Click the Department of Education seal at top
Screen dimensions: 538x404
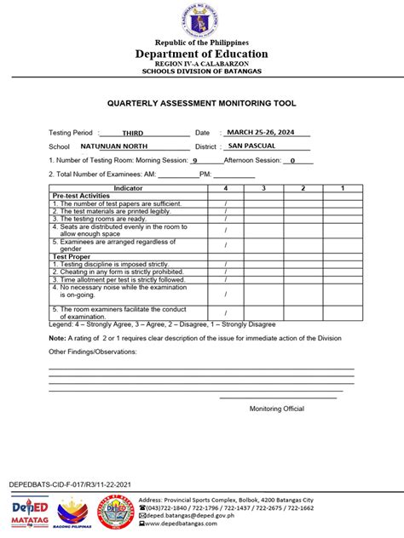click(x=202, y=20)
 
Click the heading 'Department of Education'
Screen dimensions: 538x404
click(x=202, y=54)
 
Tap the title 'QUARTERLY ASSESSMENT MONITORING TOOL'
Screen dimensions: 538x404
click(x=201, y=103)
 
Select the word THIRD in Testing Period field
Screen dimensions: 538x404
click(x=133, y=134)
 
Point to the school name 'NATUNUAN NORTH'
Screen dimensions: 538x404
click(x=120, y=146)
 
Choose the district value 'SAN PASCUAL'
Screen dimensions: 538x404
click(x=251, y=146)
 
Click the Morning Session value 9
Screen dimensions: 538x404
click(x=195, y=160)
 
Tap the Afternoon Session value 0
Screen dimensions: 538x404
click(x=291, y=160)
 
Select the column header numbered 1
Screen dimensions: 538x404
click(x=342, y=187)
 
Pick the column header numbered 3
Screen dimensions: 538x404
click(x=264, y=187)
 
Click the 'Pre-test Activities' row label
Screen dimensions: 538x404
click(x=81, y=196)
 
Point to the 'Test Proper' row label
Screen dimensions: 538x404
click(x=72, y=256)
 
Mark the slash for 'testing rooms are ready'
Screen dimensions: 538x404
click(x=226, y=219)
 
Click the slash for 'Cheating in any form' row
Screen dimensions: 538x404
click(x=226, y=272)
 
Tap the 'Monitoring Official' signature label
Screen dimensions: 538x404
click(x=276, y=409)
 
